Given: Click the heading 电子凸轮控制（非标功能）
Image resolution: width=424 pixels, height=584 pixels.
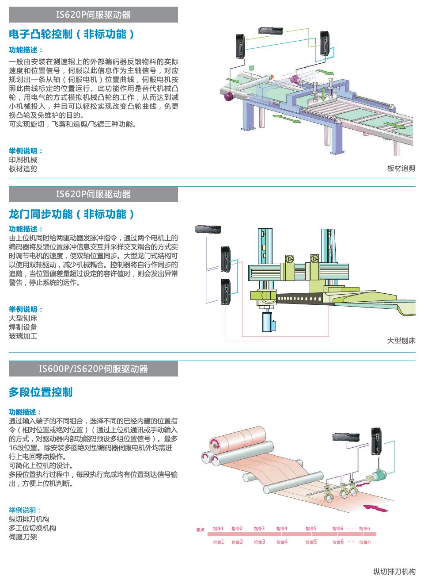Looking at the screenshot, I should [72, 35].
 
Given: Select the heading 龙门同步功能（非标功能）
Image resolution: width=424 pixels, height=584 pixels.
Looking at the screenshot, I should [72, 215].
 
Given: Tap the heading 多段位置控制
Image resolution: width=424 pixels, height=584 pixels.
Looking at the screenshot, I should [41, 392].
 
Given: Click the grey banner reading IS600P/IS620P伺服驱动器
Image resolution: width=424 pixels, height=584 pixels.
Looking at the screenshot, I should [93, 369].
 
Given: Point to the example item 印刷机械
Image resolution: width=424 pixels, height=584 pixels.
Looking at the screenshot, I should [23, 160].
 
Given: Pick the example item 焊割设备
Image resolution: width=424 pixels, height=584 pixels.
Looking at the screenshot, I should [23, 327].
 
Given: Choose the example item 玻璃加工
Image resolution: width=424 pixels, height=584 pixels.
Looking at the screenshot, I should [23, 336].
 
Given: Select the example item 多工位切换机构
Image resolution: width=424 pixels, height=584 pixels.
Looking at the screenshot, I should [32, 528].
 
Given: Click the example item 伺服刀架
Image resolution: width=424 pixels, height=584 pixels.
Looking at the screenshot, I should [23, 537].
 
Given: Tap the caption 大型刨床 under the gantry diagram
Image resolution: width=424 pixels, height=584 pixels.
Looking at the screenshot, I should [401, 341].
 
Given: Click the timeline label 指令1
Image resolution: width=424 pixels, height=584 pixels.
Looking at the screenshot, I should [218, 528].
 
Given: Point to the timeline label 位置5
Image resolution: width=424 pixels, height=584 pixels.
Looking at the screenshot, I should [311, 542].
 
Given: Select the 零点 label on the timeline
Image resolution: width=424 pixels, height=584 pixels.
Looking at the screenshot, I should [201, 530].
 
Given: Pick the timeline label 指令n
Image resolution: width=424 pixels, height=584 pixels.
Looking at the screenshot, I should [364, 528].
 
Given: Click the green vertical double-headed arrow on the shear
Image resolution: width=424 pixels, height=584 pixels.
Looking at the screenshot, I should [324, 94].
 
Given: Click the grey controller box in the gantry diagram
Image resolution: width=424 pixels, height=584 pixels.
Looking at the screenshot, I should [208, 229].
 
